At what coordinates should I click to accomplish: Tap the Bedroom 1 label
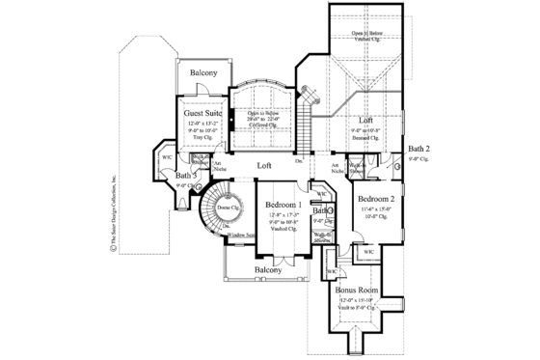285,205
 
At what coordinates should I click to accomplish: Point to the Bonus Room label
357,290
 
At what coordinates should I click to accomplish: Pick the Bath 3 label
185,175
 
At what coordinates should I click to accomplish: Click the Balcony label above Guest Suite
202,73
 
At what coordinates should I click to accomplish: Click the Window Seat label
240,235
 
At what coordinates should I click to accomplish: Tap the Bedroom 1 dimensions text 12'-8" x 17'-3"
285,215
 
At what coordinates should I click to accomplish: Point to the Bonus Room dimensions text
357,300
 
